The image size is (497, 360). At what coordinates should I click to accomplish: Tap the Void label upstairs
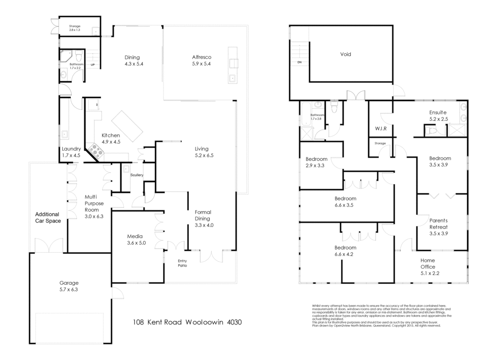pyautogui.click(x=345, y=54)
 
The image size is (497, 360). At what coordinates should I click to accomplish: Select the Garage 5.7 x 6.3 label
pyautogui.click(x=69, y=286)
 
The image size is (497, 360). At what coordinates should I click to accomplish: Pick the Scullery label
pyautogui.click(x=137, y=175)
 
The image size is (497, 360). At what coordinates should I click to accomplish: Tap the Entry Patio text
pyautogui.click(x=182, y=263)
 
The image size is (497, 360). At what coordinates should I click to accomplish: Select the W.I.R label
pyautogui.click(x=380, y=129)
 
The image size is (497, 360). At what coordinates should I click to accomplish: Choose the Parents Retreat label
pyautogui.click(x=438, y=227)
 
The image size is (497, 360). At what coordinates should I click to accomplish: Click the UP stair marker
pyautogui.click(x=92, y=65)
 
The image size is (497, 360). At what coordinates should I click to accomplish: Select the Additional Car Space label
pyautogui.click(x=47, y=217)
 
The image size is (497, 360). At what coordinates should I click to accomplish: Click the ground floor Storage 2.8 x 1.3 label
pyautogui.click(x=75, y=28)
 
